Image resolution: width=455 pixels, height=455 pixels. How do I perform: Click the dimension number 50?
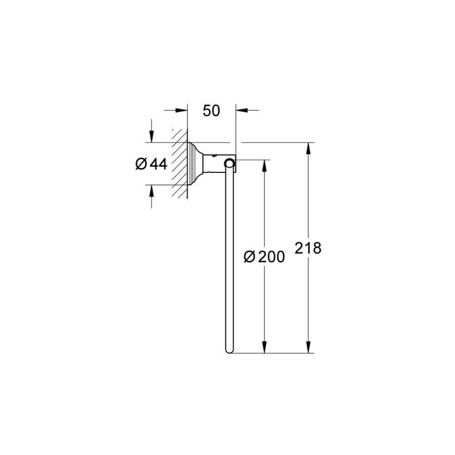pos(211,111)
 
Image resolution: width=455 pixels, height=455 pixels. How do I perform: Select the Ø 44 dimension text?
pos(151,164)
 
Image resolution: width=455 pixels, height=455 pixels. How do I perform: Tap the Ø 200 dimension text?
pos(264,257)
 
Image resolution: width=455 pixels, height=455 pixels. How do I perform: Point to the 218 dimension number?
pos(308,248)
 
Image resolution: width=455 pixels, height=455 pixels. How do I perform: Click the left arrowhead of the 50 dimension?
pos(181,110)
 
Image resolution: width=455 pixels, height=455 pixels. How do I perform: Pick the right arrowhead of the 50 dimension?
pos(242,110)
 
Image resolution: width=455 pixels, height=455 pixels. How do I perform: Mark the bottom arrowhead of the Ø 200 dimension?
pos(264,347)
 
